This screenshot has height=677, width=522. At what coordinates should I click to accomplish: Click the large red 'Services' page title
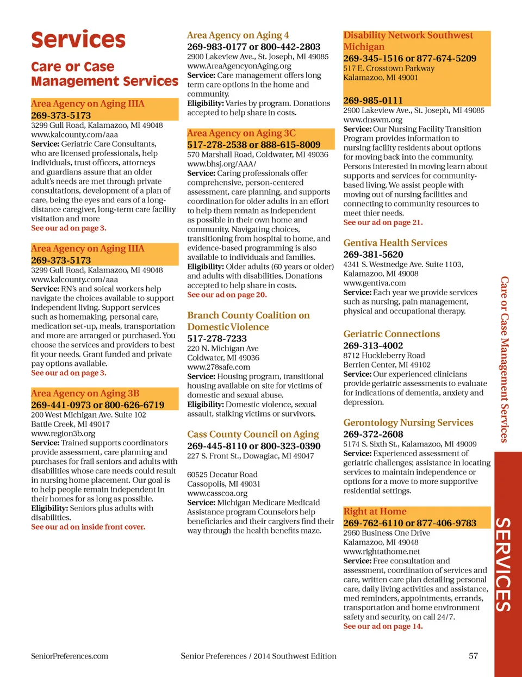click(x=78, y=40)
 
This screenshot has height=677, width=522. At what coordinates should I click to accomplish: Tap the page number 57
click(x=473, y=656)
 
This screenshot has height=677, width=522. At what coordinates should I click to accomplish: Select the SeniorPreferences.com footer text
click(x=70, y=656)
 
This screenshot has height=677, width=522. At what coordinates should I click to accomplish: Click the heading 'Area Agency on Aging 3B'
click(x=85, y=393)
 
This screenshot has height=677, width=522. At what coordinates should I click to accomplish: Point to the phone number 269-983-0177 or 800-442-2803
click(x=254, y=47)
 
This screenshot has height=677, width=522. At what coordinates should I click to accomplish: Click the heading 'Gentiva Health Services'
click(x=395, y=243)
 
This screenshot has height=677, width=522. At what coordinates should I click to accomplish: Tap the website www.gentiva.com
click(x=375, y=283)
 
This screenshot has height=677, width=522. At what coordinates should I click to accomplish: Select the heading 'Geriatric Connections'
click(x=391, y=334)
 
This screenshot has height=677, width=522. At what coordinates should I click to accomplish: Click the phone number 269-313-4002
click(x=373, y=345)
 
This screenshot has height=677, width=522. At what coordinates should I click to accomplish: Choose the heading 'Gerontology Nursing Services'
click(x=408, y=423)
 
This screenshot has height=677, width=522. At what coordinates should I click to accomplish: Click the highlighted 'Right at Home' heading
click(x=375, y=511)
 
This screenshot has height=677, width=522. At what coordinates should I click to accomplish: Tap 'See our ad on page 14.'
click(x=383, y=626)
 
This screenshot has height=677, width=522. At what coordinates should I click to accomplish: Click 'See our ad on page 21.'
click(x=383, y=222)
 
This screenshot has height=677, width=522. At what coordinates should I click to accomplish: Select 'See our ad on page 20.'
click(x=227, y=295)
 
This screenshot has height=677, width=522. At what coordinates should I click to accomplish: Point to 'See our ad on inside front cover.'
click(x=88, y=527)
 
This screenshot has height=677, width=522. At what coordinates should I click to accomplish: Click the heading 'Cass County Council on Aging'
click(x=253, y=434)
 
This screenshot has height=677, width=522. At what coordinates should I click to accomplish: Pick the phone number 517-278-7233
click(x=217, y=338)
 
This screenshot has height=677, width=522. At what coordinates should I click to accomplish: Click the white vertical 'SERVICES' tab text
click(x=503, y=564)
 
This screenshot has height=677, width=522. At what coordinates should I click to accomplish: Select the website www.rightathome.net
click(x=382, y=551)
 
